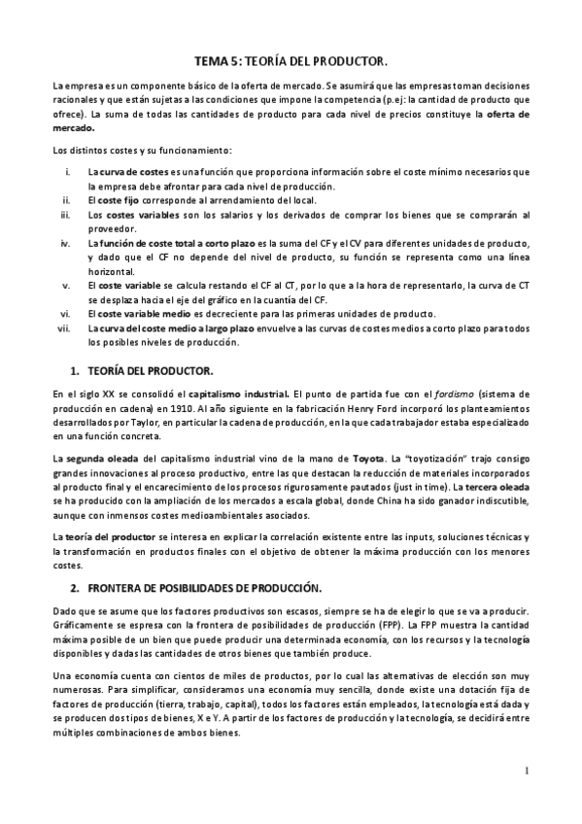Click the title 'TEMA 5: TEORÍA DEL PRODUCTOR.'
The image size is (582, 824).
point(291,59)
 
